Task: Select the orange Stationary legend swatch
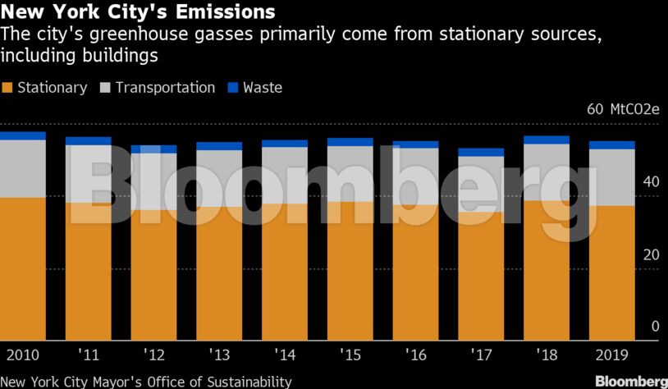[8, 88]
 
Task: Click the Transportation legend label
[165, 88]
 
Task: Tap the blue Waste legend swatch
[232, 88]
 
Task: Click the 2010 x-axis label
[23, 355]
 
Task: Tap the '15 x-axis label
[350, 355]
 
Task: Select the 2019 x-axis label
[612, 355]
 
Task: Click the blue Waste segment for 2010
[23, 135]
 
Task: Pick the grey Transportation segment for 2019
[612, 176]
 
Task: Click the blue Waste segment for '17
[481, 152]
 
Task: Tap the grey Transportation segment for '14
[285, 175]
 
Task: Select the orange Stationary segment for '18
[547, 271]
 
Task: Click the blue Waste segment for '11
[89, 141]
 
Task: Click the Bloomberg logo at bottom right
[630, 382]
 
